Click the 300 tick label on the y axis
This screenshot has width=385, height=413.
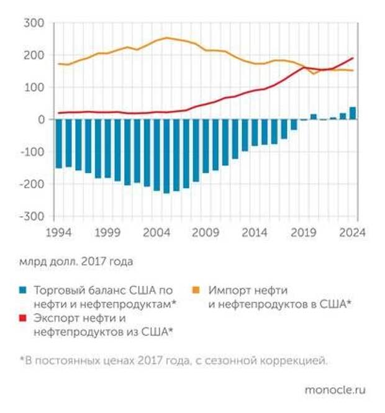[34, 23]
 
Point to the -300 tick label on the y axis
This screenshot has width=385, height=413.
[31, 216]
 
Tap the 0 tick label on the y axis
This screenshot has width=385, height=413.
[41, 119]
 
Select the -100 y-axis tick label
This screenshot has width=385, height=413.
[31, 152]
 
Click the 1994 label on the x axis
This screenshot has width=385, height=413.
[58, 232]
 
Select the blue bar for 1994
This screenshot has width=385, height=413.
[58, 143]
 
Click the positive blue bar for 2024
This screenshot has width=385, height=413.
[353, 113]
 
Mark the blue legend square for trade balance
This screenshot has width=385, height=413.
[23, 291]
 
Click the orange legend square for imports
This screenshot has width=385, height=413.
[197, 291]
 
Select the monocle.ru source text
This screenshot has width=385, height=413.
[335, 390]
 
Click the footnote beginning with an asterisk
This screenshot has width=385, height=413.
[173, 360]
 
